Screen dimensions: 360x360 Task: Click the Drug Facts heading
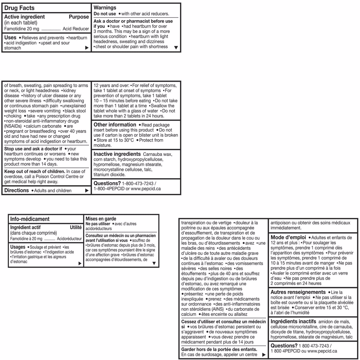point(19,8)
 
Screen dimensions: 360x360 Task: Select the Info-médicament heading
point(30,219)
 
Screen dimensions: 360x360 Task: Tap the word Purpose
point(79,17)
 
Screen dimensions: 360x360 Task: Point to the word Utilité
point(76,227)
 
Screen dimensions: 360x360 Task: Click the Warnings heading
point(105,8)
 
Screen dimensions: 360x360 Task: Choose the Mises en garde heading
point(101,219)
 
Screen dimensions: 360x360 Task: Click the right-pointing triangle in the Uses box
point(87,48)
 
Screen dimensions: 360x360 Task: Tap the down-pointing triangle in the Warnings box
point(176,47)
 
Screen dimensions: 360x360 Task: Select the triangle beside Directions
point(87,190)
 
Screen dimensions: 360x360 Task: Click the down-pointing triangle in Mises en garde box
point(154,263)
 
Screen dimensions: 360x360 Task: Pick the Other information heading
point(115,125)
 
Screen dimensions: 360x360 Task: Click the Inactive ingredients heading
point(117,154)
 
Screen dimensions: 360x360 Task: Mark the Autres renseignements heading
point(298,292)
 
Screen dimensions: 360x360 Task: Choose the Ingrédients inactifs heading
point(293,321)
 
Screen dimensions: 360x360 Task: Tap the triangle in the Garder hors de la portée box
point(264,355)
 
